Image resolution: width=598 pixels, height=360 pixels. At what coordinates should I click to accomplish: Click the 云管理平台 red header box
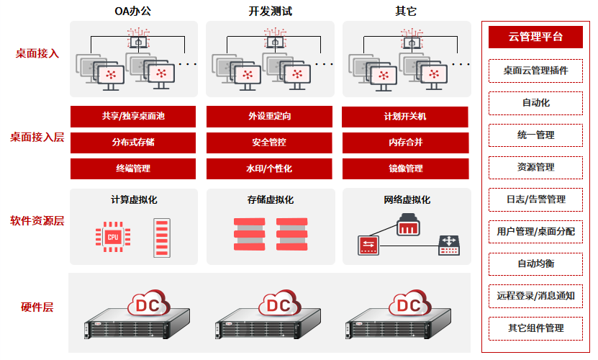[x=535, y=37]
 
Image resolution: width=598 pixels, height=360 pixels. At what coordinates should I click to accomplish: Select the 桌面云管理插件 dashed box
[x=535, y=71]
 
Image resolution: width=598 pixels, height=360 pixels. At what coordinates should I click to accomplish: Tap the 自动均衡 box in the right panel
[x=535, y=264]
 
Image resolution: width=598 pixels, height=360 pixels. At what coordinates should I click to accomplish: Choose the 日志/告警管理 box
[x=535, y=199]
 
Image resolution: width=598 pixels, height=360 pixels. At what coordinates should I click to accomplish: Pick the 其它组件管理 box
[x=535, y=328]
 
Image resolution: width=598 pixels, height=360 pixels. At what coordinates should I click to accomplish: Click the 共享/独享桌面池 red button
[x=133, y=117]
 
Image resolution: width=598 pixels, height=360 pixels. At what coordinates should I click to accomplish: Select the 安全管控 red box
[x=269, y=143]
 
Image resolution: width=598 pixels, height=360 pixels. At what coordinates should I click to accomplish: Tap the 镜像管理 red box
[x=405, y=168]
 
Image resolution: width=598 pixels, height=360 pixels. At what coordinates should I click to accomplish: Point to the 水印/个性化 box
[x=269, y=168]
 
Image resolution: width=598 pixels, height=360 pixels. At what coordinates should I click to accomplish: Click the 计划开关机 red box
[x=405, y=117]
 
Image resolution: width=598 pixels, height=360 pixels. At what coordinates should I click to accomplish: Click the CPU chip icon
[x=112, y=235]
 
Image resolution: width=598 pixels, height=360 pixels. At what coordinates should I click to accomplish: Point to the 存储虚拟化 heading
[x=270, y=199]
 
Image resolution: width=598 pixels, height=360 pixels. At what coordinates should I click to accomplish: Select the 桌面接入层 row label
[x=37, y=137]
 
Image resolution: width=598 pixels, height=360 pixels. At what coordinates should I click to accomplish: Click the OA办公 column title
[x=134, y=11]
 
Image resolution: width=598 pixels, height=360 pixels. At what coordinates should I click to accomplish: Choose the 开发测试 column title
[x=270, y=11]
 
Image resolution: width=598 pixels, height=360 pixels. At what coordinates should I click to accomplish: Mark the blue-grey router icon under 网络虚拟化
[x=449, y=246]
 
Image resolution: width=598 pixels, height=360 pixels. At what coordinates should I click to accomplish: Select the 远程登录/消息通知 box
[x=535, y=296]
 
